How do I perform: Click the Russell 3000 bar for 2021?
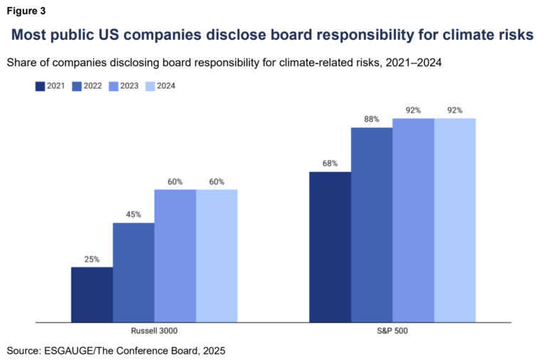(91, 294)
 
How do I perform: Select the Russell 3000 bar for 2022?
(133, 272)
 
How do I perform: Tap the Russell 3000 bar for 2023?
(175, 255)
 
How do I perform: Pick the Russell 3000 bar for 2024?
(217, 255)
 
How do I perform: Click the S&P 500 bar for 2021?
(329, 247)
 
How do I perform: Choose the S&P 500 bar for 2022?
(371, 225)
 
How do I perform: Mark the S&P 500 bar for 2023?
(413, 220)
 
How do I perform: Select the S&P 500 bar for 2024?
(454, 220)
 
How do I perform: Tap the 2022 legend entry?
(87, 86)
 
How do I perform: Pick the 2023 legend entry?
(124, 86)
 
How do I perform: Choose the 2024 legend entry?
(160, 86)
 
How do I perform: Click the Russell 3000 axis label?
(154, 331)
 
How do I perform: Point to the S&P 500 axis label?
(392, 331)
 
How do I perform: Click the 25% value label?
(92, 259)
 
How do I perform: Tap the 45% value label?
(133, 215)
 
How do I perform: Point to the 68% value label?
(330, 163)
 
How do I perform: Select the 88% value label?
(371, 119)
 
